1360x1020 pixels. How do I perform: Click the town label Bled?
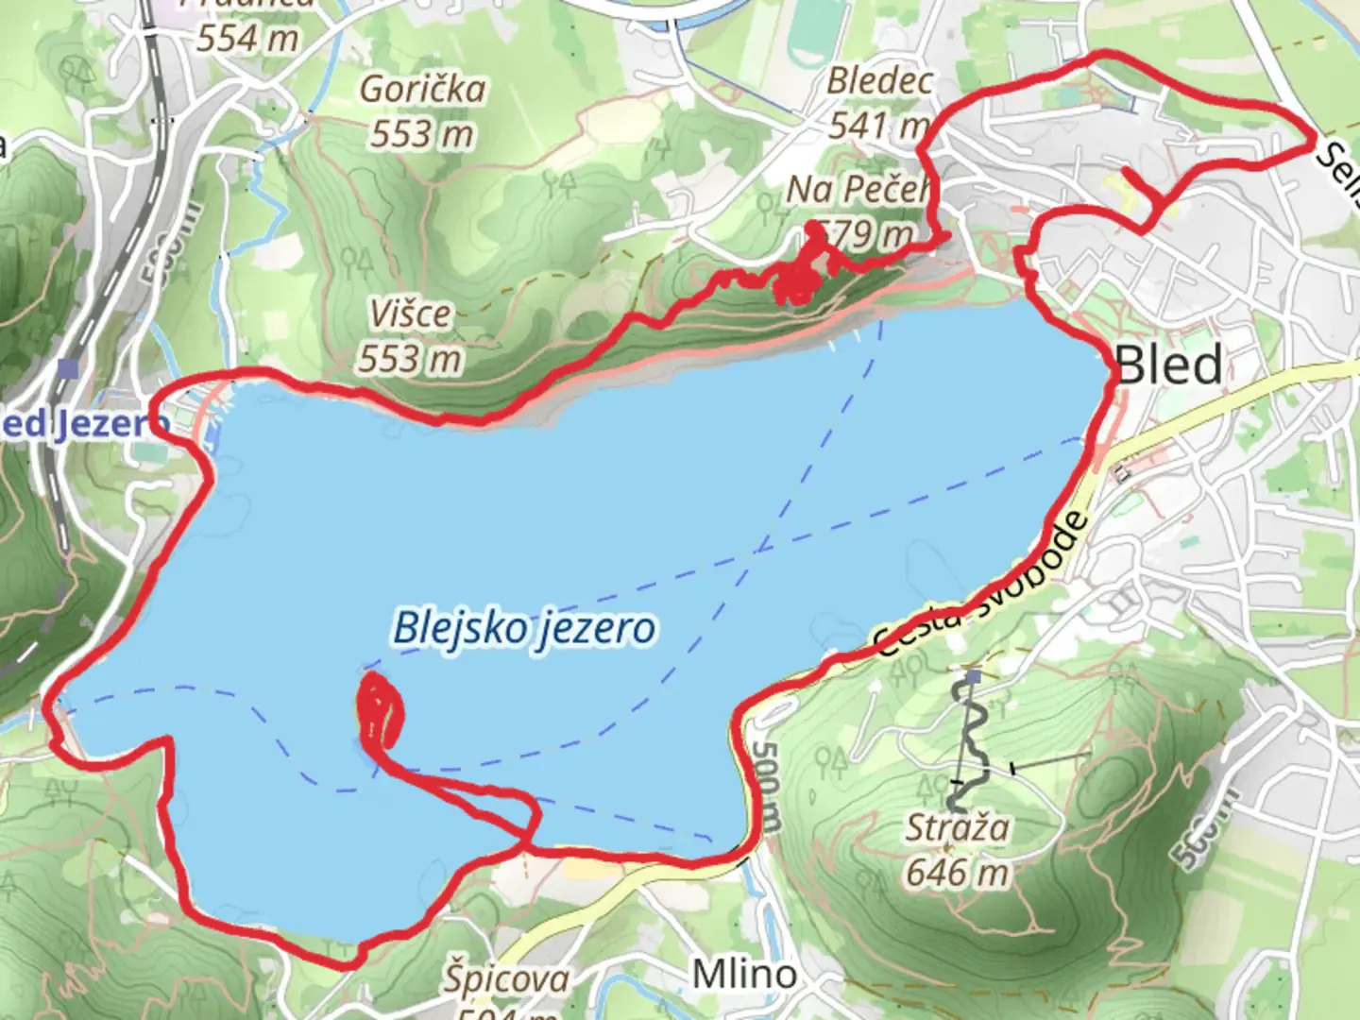[x=1169, y=365]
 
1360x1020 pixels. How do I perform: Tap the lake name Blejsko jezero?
[x=524, y=628]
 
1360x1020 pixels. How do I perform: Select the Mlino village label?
[x=744, y=974]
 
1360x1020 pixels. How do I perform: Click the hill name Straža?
[x=957, y=828]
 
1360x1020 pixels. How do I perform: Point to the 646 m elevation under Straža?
[x=957, y=872]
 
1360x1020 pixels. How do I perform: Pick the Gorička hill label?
[x=423, y=90]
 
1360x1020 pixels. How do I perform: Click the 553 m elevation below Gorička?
[x=421, y=134]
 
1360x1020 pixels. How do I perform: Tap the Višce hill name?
[x=410, y=314]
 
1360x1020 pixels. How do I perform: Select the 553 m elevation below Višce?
[x=410, y=358]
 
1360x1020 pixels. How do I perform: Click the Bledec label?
[x=879, y=81]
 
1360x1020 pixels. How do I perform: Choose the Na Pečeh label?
[x=858, y=190]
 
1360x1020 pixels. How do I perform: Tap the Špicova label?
[x=507, y=979]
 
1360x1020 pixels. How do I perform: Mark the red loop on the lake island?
[x=381, y=710]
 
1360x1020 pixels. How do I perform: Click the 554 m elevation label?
[x=247, y=38]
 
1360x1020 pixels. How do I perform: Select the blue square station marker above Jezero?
[x=66, y=367]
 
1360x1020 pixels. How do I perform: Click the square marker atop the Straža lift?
[x=973, y=676]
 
